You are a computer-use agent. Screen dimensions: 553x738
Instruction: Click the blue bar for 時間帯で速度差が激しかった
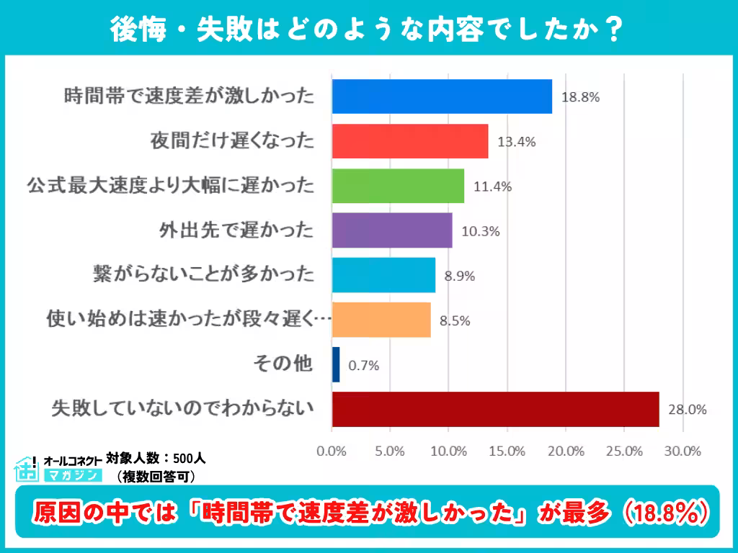tap(442, 96)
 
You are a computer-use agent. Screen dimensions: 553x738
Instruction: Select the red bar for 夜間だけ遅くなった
tap(410, 141)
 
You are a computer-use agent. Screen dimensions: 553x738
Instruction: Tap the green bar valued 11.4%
tap(398, 186)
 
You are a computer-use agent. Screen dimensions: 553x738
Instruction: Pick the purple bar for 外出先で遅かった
tap(392, 230)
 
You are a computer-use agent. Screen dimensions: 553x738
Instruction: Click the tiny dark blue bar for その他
tap(336, 364)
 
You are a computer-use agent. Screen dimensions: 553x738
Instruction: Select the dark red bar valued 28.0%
tap(495, 409)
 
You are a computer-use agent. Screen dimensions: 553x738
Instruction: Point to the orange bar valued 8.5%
tap(381, 320)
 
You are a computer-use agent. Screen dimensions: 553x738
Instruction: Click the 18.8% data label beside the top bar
tap(580, 97)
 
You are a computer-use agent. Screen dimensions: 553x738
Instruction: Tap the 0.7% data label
tap(363, 366)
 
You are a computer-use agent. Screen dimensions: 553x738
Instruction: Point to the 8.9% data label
tap(460, 276)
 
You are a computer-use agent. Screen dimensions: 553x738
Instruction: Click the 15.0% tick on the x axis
tap(507, 451)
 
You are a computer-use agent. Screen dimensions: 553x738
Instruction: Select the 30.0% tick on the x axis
tap(682, 451)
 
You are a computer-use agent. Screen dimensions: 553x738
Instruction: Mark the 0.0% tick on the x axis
tap(332, 451)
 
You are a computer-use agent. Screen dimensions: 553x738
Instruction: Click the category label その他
tap(283, 364)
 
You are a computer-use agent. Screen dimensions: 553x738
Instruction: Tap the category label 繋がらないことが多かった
tap(204, 275)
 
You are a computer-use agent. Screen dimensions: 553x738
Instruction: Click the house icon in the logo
tap(27, 469)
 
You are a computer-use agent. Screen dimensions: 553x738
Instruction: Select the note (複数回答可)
tap(156, 476)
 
